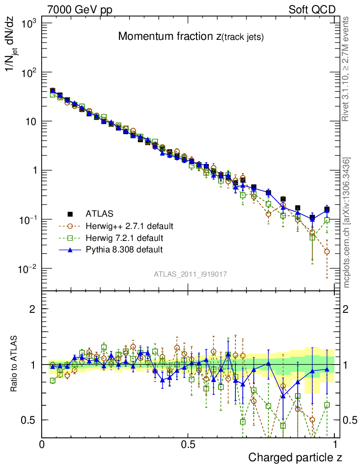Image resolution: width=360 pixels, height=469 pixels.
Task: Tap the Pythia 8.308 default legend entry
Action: click(x=124, y=250)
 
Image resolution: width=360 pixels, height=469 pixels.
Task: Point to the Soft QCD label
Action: click(x=312, y=10)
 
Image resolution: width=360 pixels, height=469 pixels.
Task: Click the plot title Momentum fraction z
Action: click(x=191, y=37)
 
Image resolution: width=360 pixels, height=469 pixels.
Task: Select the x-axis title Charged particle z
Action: click(x=295, y=457)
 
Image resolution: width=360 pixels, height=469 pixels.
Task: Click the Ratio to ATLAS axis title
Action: click(x=15, y=364)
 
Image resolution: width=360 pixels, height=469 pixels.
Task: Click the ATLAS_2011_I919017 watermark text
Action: click(x=191, y=274)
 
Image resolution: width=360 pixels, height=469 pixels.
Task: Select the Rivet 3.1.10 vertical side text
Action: click(x=347, y=69)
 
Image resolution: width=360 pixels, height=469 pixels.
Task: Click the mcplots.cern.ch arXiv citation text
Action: click(x=347, y=223)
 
